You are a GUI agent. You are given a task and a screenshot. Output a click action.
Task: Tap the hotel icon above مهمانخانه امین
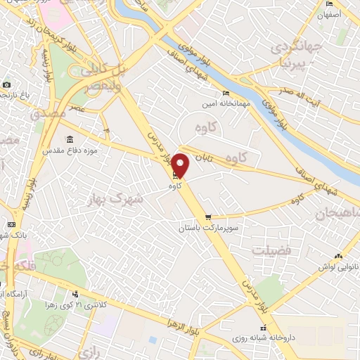tap(226, 94)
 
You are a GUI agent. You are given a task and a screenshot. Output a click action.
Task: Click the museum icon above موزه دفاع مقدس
tap(69, 139)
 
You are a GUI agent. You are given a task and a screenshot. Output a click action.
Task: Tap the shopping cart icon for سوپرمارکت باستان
tap(207, 217)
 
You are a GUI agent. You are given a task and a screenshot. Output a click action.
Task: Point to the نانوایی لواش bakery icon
tap(339, 256)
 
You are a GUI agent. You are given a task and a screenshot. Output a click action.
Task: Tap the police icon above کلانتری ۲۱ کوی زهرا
tap(75, 294)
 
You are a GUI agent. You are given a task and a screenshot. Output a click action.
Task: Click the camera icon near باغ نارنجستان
tap(7, 84)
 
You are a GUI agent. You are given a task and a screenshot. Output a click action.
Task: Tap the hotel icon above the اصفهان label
tap(330, 3)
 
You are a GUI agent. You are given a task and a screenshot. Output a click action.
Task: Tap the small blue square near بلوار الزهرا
tap(153, 340)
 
